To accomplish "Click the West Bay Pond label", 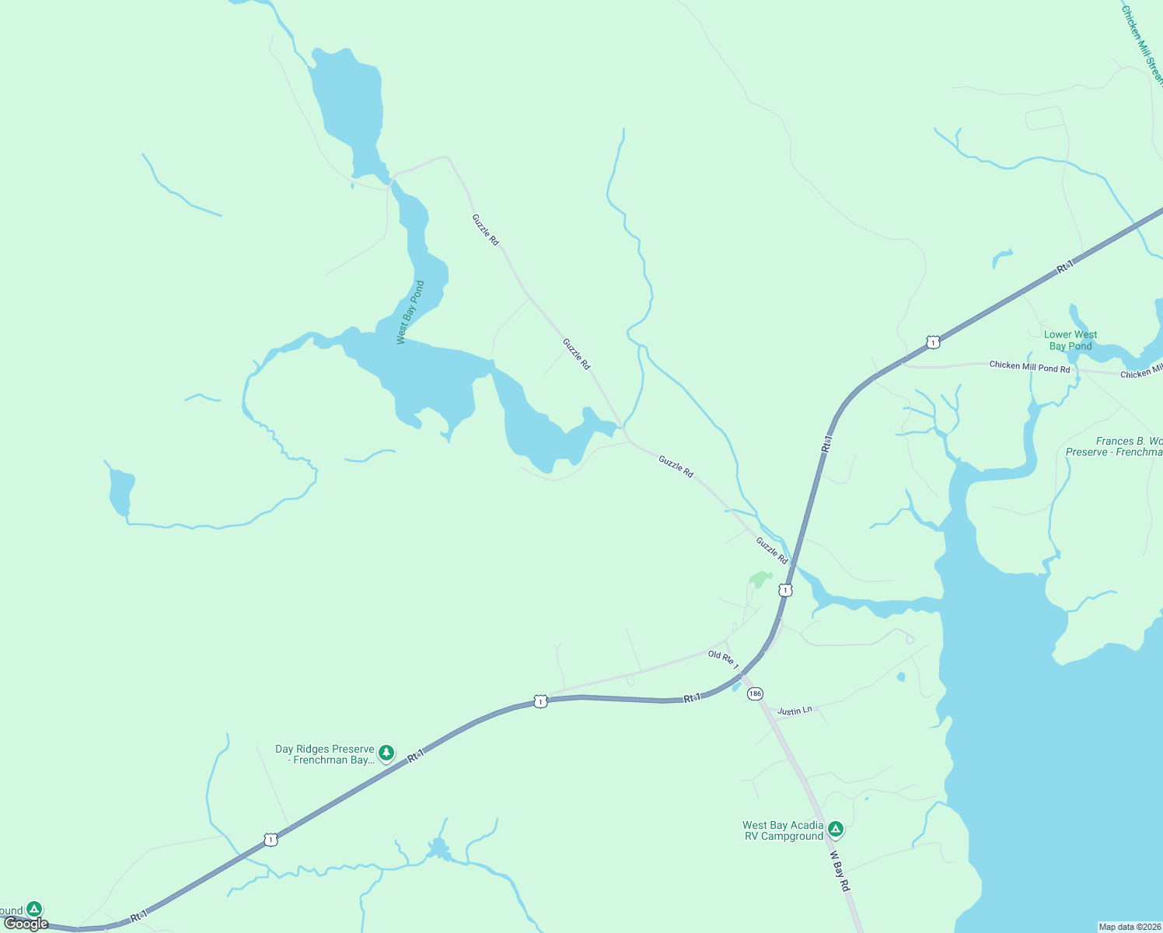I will tap(410, 312).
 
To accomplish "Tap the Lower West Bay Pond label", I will tap(1070, 341).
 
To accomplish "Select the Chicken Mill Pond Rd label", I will tap(1029, 366).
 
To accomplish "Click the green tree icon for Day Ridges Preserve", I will tap(386, 753).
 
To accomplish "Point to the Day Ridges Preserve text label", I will tap(325, 754).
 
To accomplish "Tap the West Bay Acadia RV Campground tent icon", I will tap(836, 829).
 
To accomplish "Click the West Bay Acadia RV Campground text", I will tap(783, 830).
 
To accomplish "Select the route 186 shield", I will tap(755, 694).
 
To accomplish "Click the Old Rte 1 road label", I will tap(723, 660).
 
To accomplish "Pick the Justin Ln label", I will tap(795, 711).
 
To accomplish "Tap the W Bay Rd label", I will tap(840, 871).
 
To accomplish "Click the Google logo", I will tap(26, 924).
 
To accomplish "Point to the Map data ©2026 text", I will tap(1129, 927).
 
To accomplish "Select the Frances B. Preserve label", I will tap(1114, 446).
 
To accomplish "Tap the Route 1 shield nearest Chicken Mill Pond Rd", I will tap(933, 342).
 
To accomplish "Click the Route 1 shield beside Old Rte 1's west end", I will tap(541, 701).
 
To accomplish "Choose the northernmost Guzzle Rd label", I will tap(486, 230).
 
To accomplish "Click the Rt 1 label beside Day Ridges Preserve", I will tap(416, 756).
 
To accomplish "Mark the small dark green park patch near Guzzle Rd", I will tap(759, 579).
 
